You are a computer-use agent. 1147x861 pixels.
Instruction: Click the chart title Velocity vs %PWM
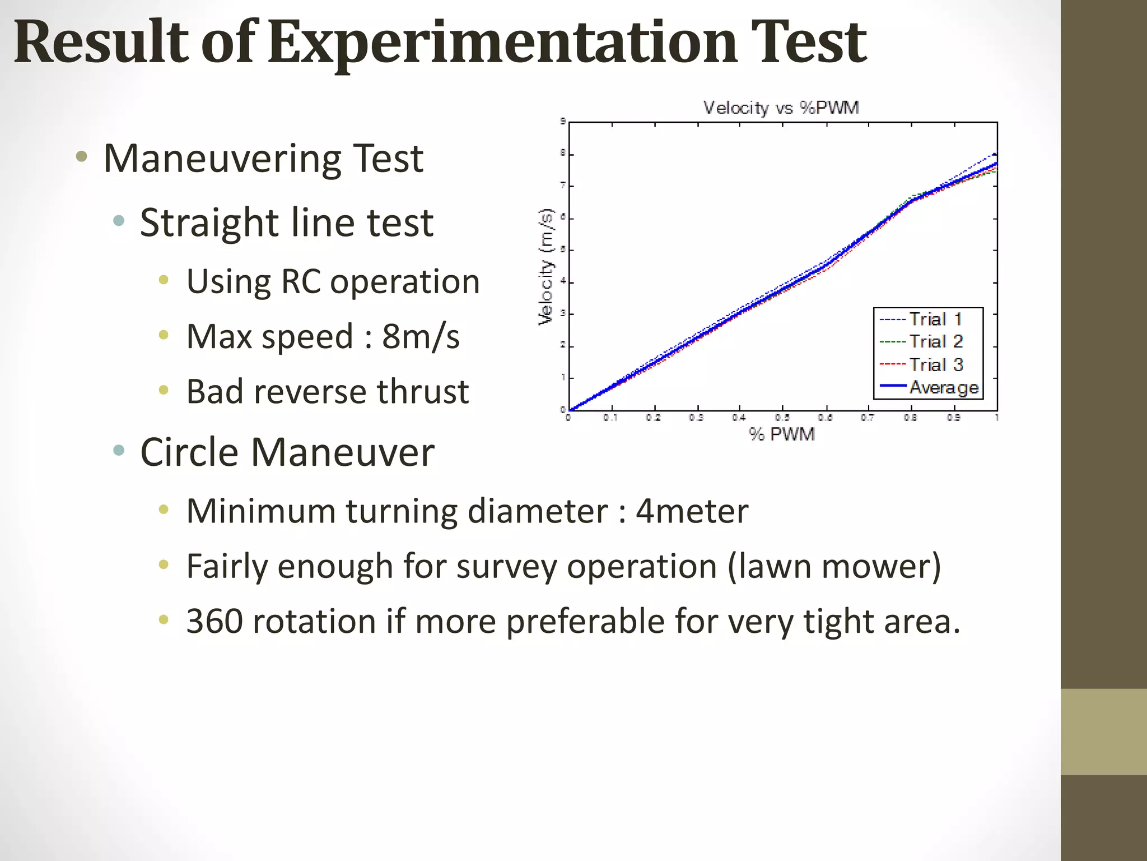click(781, 108)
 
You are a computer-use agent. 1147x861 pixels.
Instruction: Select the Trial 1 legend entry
click(935, 319)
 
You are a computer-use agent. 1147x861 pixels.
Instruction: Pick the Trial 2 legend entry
click(935, 341)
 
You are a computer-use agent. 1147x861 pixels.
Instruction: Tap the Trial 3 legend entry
click(935, 364)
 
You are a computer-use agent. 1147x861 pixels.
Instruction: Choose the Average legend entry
click(943, 387)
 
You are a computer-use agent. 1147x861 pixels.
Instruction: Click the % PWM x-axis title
click(782, 434)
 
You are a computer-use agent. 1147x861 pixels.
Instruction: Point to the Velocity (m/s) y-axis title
click(545, 266)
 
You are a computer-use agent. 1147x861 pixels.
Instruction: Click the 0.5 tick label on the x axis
click(782, 418)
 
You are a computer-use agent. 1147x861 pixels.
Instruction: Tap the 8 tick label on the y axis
click(563, 154)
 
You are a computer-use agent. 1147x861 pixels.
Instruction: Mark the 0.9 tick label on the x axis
click(954, 418)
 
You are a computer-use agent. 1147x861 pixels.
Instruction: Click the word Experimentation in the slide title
click(502, 42)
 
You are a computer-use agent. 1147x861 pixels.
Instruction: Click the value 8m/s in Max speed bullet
click(421, 336)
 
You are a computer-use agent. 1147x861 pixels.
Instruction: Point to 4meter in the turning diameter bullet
click(692, 511)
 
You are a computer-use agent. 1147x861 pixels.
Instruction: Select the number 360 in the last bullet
click(214, 621)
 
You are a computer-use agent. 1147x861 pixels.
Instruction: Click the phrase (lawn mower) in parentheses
click(834, 566)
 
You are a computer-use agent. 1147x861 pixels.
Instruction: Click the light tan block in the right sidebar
click(1103, 732)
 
